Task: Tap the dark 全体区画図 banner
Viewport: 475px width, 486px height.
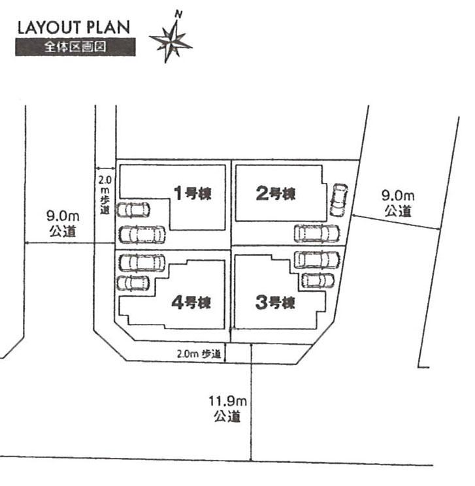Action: point(75,47)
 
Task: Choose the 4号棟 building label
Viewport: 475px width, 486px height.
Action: point(191,302)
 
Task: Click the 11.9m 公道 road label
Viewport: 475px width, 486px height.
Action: point(225,408)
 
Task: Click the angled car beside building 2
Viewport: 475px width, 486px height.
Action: point(338,199)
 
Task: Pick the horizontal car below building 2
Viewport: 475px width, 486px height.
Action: point(317,233)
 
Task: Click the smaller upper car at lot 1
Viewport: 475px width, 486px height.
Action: point(133,210)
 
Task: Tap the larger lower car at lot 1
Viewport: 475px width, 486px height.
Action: point(142,233)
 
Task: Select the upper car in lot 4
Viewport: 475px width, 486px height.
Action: point(142,261)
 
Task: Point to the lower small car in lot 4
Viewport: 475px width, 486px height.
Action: point(133,283)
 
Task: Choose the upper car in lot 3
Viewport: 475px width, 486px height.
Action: point(317,259)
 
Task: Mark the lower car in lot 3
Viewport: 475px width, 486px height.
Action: point(317,280)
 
